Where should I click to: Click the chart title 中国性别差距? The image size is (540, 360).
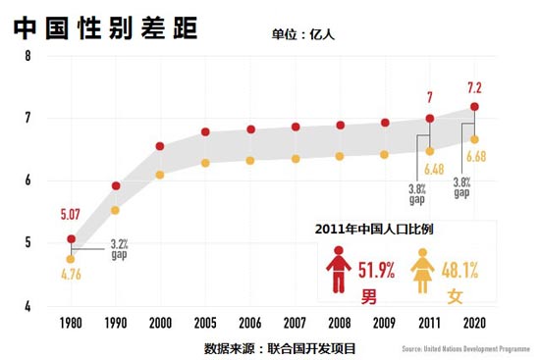(x=106, y=26)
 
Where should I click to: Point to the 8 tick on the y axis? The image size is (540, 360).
(x=28, y=56)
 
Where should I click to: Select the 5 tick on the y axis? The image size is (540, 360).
(x=28, y=243)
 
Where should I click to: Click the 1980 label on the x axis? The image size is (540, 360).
(x=70, y=322)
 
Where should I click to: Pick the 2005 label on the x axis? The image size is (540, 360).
(x=205, y=322)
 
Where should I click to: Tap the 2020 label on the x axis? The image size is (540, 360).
(x=475, y=322)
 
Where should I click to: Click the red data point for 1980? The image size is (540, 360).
(x=70, y=238)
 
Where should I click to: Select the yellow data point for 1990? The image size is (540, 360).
(x=115, y=210)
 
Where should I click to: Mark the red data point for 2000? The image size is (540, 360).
(x=160, y=147)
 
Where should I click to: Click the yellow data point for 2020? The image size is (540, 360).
(x=475, y=139)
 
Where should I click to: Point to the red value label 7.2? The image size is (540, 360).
(x=475, y=88)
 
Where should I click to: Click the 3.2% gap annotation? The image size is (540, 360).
(x=120, y=249)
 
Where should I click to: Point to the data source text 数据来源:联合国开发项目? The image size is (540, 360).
(x=280, y=347)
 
